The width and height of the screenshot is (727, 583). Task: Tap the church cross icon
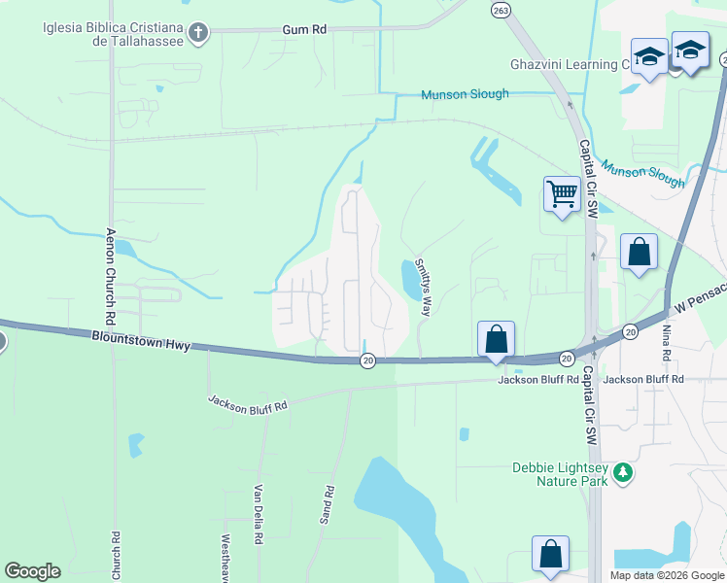pyautogui.click(x=197, y=34)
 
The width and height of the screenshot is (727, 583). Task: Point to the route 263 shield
pyautogui.click(x=501, y=10)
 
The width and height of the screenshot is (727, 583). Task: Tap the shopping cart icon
pyautogui.click(x=562, y=194)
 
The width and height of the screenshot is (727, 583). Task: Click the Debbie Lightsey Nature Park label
pyautogui.click(x=559, y=475)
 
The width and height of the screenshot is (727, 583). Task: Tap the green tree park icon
pyautogui.click(x=622, y=474)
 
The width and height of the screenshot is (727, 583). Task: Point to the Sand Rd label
pyautogui.click(x=328, y=505)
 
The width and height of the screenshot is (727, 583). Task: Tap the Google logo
pyautogui.click(x=32, y=571)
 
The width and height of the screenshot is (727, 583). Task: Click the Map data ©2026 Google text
pyautogui.click(x=667, y=575)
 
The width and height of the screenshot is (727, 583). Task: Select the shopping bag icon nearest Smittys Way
pyautogui.click(x=496, y=339)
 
